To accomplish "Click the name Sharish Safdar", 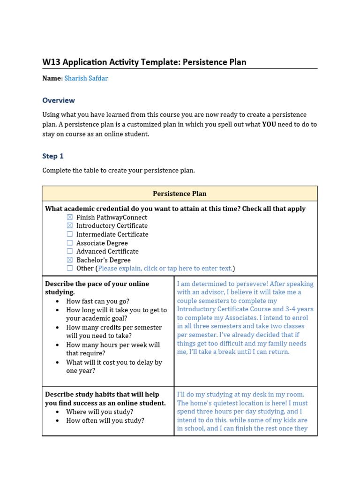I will [x=86, y=78].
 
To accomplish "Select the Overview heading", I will [x=59, y=100].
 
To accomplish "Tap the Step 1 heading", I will [x=53, y=156].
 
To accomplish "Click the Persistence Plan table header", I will [x=180, y=194].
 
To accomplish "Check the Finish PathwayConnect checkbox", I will [x=70, y=217].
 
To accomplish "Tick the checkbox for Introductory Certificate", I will [x=70, y=226].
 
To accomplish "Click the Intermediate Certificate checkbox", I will [x=70, y=234].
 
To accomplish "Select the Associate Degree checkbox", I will [x=70, y=243].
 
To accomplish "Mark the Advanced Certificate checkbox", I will [x=70, y=251].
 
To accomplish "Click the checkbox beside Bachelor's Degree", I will [x=70, y=260].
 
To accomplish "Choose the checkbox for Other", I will [x=70, y=269].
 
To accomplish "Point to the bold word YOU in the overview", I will [x=269, y=125].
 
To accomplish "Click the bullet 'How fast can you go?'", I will [x=97, y=301].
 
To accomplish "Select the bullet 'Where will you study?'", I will [x=99, y=412].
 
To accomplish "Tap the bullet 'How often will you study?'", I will [x=105, y=420].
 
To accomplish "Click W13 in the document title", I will [x=52, y=62].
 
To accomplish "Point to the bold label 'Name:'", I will [x=52, y=78].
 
